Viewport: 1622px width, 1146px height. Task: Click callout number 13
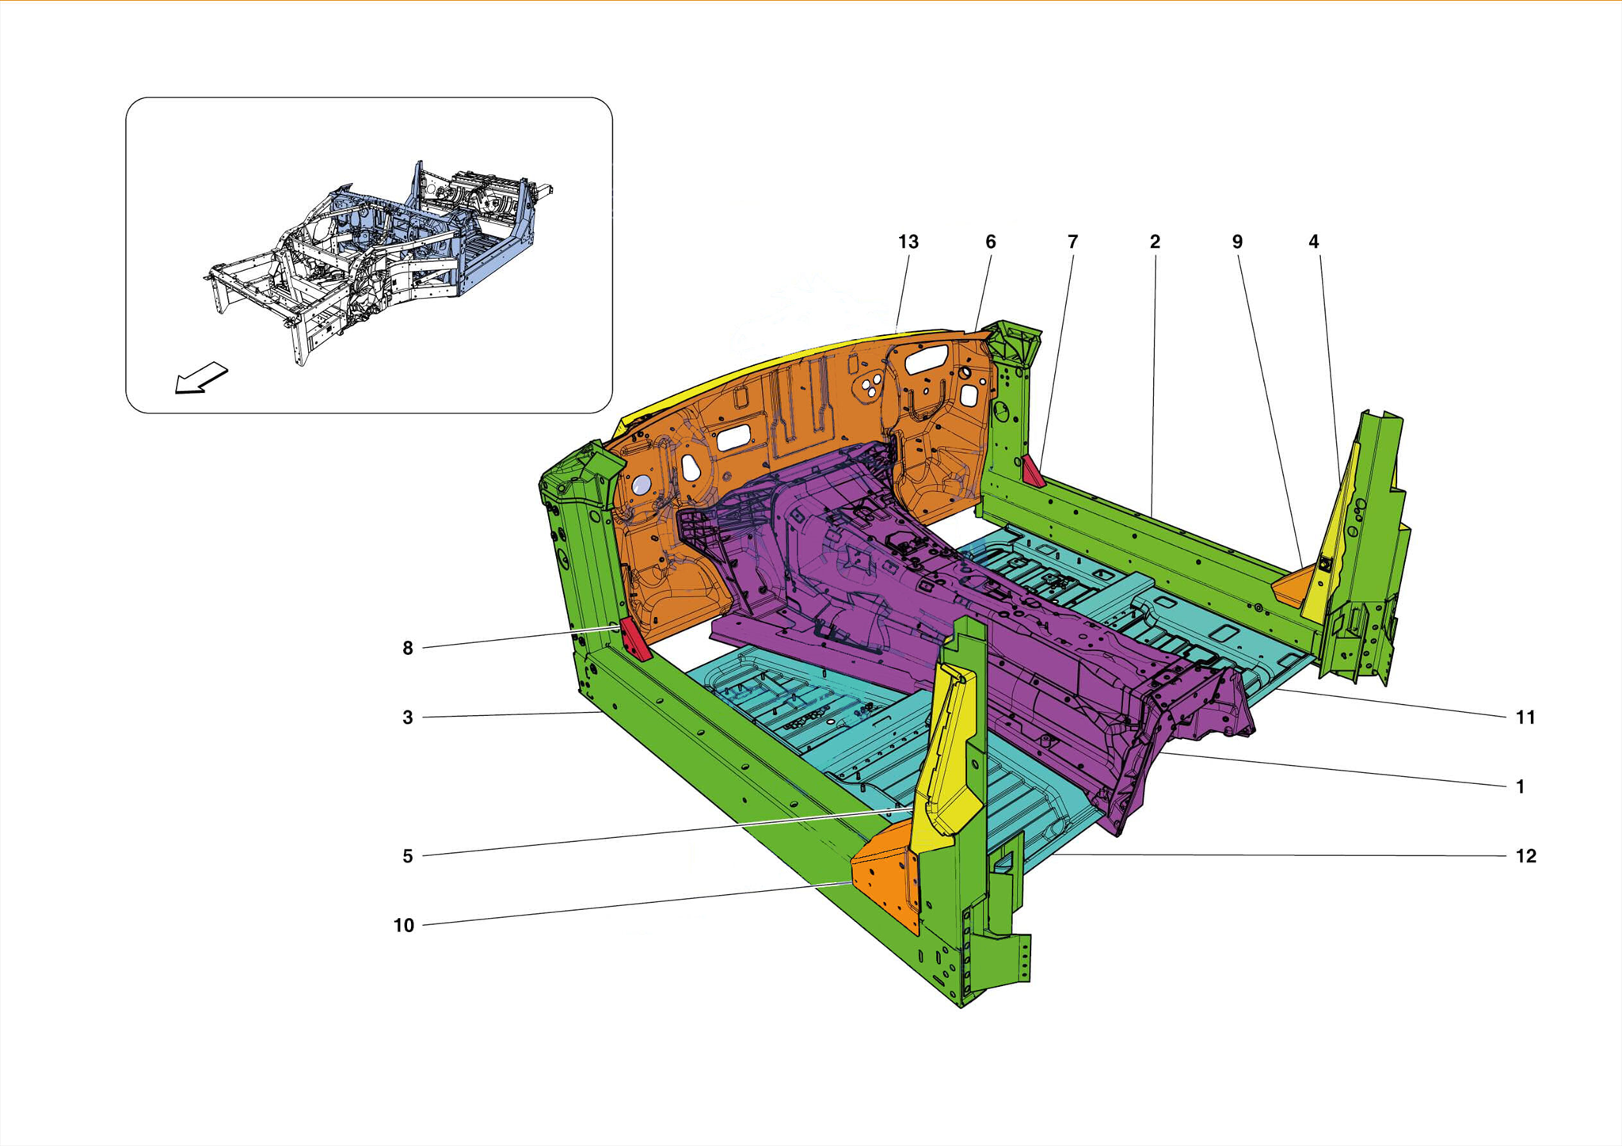coord(908,242)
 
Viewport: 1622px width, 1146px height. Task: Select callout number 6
coord(990,242)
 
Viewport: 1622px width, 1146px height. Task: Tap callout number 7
coord(1072,242)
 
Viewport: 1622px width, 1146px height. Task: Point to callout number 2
coord(1155,242)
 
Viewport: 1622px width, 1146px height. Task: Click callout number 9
coord(1237,242)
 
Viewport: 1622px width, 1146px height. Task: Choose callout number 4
coord(1313,242)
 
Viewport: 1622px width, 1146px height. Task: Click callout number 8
coord(408,649)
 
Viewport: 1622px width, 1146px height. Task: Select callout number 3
coord(408,718)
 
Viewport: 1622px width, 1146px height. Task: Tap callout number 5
coord(408,856)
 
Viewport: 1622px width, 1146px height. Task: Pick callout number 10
coord(404,925)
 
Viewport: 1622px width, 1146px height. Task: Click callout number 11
coord(1525,718)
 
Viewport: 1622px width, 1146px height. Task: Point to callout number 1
coord(1520,786)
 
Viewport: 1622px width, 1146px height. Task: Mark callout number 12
coord(1525,856)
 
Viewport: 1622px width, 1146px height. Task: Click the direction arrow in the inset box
coord(201,379)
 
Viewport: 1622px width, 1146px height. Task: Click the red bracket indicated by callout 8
coord(634,640)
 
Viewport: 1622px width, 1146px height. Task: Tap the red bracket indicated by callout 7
coord(1033,471)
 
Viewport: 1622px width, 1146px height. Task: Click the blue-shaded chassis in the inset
coord(444,238)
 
